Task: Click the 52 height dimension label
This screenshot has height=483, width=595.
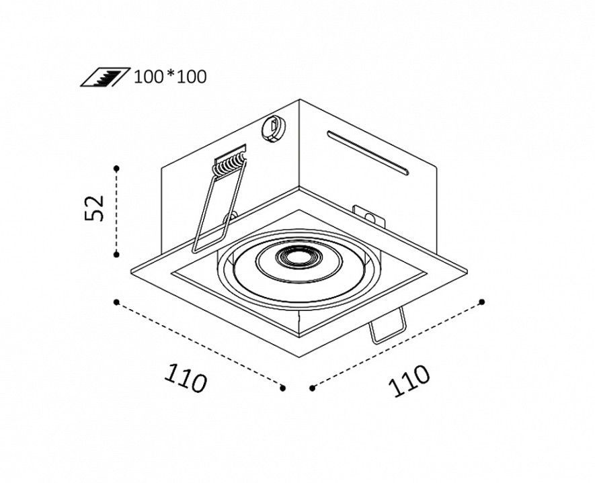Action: pyautogui.click(x=94, y=208)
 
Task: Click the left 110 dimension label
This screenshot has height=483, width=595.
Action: pyautogui.click(x=186, y=378)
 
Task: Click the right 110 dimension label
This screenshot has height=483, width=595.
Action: pyautogui.click(x=409, y=381)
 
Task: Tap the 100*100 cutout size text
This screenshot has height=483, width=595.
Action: pyautogui.click(x=170, y=77)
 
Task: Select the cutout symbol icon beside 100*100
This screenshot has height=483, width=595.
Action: pyautogui.click(x=105, y=77)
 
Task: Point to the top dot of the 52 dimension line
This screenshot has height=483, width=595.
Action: pyautogui.click(x=116, y=168)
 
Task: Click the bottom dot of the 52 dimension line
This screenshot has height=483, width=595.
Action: pyautogui.click(x=116, y=255)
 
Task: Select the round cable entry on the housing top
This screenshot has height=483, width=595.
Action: pyautogui.click(x=273, y=129)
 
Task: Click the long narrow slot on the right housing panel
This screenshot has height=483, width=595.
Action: pyautogui.click(x=368, y=153)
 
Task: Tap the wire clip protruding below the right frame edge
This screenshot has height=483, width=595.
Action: pyautogui.click(x=388, y=326)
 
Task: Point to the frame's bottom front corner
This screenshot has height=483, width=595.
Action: pyautogui.click(x=299, y=357)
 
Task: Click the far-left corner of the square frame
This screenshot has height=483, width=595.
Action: pyautogui.click(x=130, y=271)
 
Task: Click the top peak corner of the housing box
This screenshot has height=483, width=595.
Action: pyautogui.click(x=300, y=99)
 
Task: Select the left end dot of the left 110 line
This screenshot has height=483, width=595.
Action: pyautogui.click(x=116, y=302)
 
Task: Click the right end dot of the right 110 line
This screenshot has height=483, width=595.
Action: pyautogui.click(x=482, y=302)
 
